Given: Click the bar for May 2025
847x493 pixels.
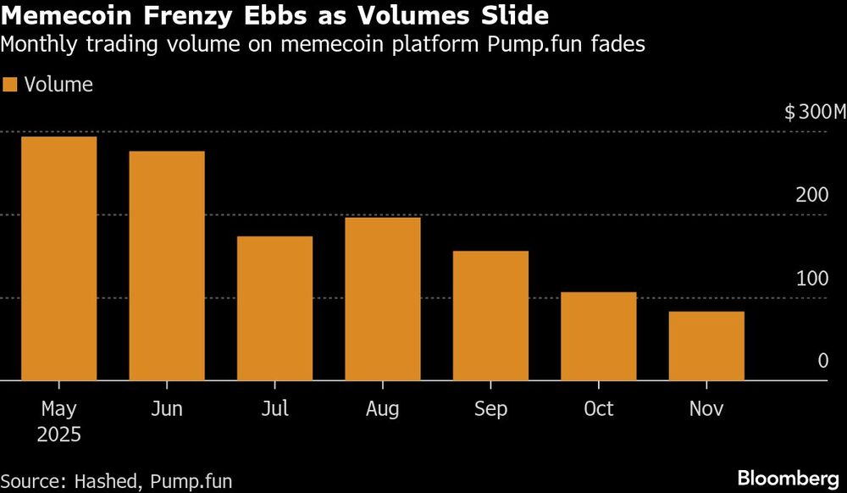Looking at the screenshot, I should click(58, 258).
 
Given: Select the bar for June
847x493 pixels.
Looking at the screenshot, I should click(166, 266).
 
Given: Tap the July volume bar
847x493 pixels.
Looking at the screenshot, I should click(274, 308).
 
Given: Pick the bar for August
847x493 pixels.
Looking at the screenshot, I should click(382, 299).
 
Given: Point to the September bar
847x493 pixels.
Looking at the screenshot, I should click(490, 316).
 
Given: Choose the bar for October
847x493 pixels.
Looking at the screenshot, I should click(598, 336).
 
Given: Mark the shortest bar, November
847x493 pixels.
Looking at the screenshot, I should click(706, 346).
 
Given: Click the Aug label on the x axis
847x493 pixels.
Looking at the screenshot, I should click(382, 410).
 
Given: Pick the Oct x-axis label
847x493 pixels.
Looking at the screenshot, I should click(598, 410).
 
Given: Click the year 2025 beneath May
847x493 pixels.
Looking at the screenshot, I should click(58, 435).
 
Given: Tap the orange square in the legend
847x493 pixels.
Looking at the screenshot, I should click(10, 85).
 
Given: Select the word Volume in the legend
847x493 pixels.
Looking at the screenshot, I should click(58, 85).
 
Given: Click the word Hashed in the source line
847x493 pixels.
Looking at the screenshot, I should click(108, 481).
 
